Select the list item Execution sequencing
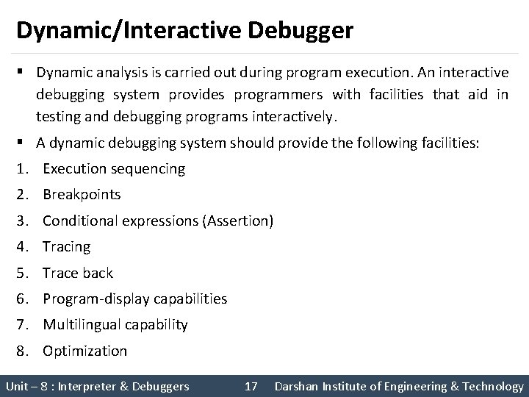(x=114, y=168)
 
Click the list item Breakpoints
(x=82, y=195)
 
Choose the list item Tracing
(x=66, y=247)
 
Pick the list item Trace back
(x=77, y=273)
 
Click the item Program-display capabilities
(x=134, y=299)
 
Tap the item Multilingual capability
(x=115, y=325)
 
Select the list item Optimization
(x=84, y=351)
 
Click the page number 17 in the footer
(x=251, y=386)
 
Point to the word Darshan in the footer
(x=298, y=386)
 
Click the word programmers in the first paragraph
(x=283, y=94)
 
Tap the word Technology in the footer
(x=493, y=386)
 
